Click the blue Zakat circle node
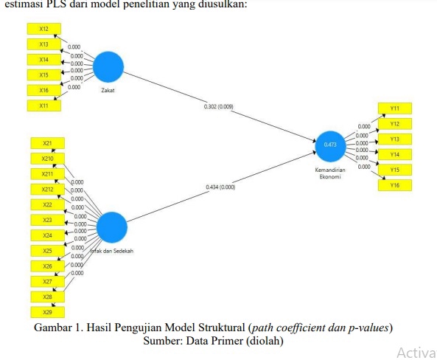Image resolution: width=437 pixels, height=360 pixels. click(x=108, y=66)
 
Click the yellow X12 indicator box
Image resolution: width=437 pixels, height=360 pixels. click(x=44, y=28)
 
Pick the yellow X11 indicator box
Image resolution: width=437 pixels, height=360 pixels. click(x=44, y=105)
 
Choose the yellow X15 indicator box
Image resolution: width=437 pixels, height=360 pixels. click(x=44, y=75)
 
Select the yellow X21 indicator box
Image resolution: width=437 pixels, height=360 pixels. click(x=47, y=142)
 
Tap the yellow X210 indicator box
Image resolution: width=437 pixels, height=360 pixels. click(x=47, y=158)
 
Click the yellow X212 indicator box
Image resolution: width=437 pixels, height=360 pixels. click(x=47, y=189)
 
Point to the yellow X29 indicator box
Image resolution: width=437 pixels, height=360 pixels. click(x=47, y=312)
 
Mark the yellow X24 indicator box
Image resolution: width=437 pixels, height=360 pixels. click(x=47, y=235)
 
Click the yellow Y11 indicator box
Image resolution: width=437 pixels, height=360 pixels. click(x=395, y=108)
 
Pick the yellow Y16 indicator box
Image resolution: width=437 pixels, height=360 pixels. click(x=395, y=185)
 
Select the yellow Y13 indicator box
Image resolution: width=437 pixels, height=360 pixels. click(x=395, y=139)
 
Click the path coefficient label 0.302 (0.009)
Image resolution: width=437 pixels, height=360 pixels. click(x=219, y=107)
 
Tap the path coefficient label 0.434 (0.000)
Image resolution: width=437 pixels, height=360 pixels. click(x=221, y=187)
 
